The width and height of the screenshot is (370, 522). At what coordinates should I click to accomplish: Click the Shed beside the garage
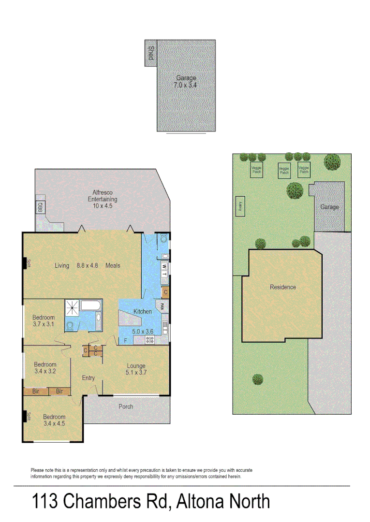coord(151,53)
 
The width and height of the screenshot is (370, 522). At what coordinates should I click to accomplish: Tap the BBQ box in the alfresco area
coord(40,207)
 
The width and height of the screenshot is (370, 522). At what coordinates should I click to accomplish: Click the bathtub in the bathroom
coord(91,305)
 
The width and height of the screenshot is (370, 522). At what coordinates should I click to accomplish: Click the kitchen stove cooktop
coord(150,340)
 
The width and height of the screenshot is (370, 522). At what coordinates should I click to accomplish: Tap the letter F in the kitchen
coord(126,341)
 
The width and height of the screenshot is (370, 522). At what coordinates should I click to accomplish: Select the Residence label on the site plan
coord(283,287)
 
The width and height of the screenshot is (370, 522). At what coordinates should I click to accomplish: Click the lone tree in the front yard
coord(258,379)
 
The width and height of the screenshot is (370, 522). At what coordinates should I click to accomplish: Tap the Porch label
coord(126,406)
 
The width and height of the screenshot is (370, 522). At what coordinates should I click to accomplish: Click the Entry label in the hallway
coord(89,378)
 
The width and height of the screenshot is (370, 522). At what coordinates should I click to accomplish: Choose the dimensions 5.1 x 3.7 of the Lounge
coord(136,373)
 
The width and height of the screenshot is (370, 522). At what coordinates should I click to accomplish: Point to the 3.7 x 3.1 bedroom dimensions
coord(44,324)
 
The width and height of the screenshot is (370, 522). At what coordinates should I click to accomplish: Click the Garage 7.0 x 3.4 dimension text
coord(186,85)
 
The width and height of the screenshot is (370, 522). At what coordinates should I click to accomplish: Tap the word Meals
coord(113,265)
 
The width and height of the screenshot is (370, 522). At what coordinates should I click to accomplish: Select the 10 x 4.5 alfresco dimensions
coord(102,206)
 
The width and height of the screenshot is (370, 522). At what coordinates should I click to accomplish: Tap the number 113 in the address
coord(45,501)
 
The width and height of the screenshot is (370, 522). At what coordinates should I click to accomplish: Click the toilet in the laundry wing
coord(163,238)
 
